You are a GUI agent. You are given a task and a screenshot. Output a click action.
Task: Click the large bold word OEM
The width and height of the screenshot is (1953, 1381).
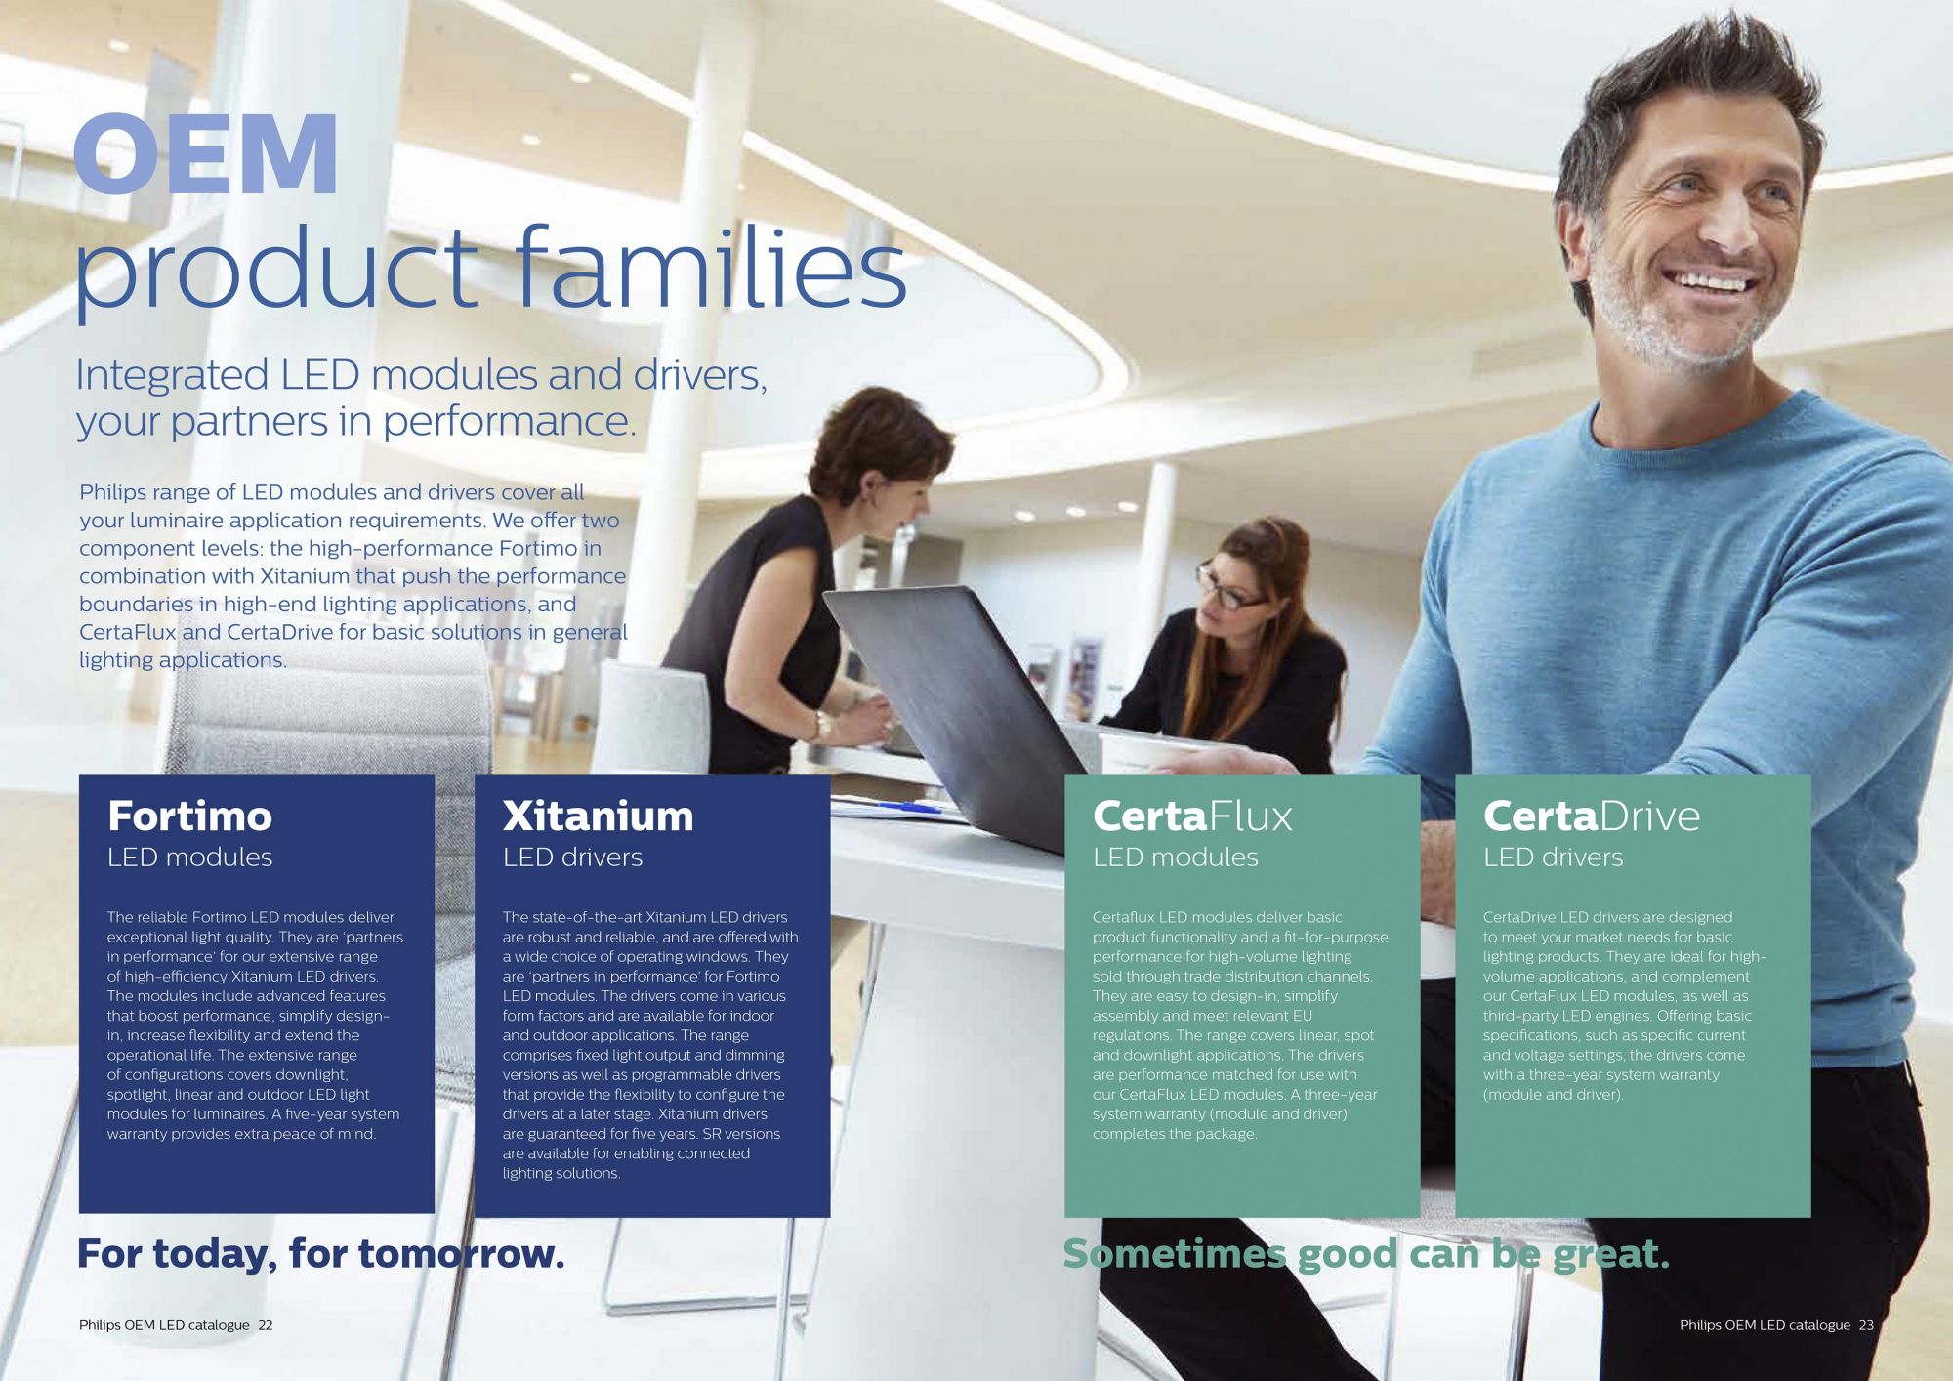click(206, 153)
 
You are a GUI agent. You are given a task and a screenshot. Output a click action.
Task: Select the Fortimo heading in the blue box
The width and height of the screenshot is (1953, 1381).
click(189, 816)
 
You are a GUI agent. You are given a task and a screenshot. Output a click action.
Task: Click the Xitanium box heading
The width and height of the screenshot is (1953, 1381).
click(598, 816)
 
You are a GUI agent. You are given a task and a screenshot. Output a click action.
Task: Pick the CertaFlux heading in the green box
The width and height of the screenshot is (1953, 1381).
click(1192, 816)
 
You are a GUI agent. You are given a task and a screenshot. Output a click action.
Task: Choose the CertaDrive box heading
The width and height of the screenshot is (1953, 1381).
click(1592, 816)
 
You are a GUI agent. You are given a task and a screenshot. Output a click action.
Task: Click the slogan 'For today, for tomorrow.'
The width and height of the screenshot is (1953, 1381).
click(321, 1254)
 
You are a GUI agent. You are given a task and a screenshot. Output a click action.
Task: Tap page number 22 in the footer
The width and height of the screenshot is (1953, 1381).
click(266, 1325)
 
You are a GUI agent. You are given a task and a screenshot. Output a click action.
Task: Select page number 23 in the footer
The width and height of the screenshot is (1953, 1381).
click(1866, 1325)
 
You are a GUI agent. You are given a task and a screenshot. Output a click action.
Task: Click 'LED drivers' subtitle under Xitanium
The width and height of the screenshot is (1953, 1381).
click(572, 858)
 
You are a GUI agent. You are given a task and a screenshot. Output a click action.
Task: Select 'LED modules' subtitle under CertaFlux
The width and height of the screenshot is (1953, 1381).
click(1176, 858)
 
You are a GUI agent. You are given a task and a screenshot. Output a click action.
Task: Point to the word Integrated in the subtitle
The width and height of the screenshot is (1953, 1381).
click(172, 376)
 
